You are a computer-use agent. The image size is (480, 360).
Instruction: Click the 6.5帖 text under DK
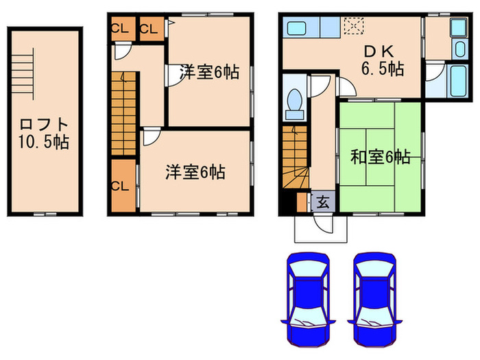click(382, 69)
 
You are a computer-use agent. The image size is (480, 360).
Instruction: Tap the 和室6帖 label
click(380, 157)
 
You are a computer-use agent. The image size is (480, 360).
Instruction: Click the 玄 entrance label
click(322, 202)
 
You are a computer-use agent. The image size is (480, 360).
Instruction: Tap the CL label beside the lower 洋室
click(121, 185)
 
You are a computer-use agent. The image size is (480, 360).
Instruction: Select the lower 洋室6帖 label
click(195, 172)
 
